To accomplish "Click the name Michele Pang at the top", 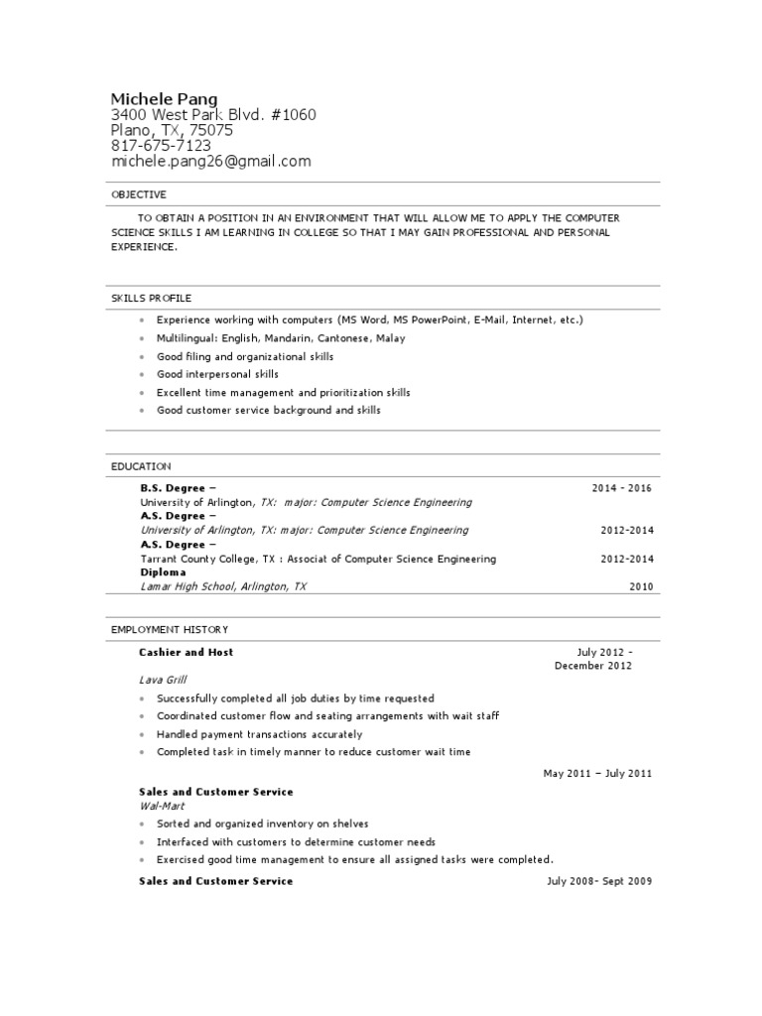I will pos(164,98).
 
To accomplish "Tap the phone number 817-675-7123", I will pos(161,145).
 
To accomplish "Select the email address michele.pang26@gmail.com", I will pos(210,161).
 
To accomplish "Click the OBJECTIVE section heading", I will pos(139,194).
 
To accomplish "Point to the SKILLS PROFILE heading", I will pos(151,298).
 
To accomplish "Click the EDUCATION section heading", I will pos(141,466).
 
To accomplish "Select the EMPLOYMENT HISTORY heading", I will pos(170,629).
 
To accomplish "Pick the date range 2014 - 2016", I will pos(622,488).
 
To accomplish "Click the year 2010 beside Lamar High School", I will pos(641,586).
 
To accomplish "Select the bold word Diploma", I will pos(163,572).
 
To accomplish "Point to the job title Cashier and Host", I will pos(187,652).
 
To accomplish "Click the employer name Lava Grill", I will pos(163,680).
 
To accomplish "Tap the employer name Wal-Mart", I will pos(163,806).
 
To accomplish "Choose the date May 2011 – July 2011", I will pos(597,773).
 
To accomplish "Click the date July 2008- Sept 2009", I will pos(599,881).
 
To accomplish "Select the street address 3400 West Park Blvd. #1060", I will pos(213,114).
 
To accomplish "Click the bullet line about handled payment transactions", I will pos(259,734).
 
